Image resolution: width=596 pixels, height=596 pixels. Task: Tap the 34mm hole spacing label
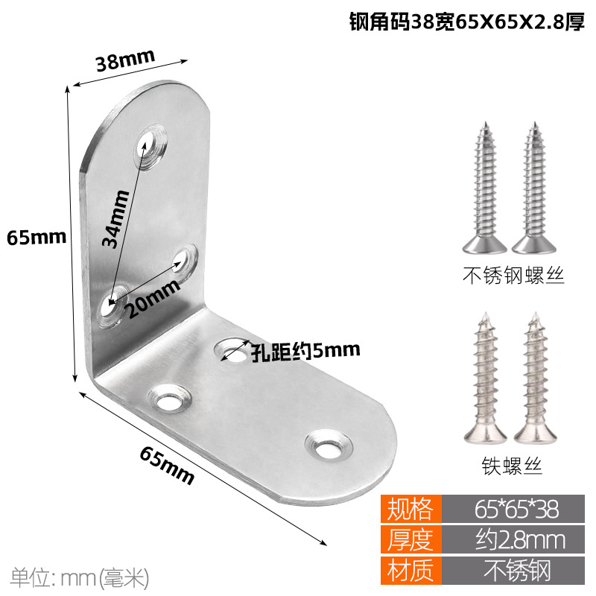117,218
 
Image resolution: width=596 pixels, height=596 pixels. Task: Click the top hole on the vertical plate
151,143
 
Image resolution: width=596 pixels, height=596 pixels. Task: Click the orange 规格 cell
410,509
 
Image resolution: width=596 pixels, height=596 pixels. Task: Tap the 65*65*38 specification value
516,509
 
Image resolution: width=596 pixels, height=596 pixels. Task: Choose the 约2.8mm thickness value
516,539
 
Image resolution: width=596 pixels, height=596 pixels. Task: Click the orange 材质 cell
410,570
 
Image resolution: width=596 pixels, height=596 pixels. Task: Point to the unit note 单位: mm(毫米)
80,577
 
